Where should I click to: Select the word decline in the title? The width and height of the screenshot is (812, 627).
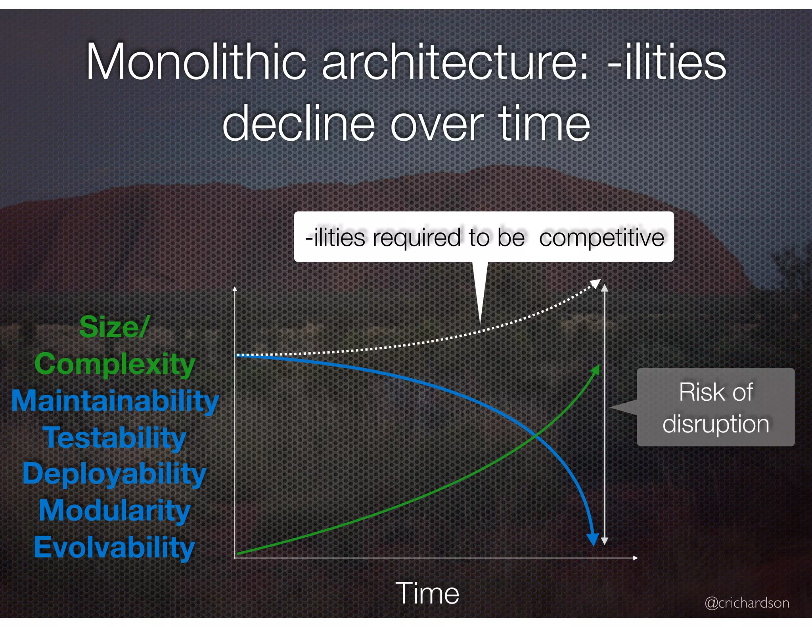[299, 124]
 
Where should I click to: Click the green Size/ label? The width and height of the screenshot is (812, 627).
[114, 327]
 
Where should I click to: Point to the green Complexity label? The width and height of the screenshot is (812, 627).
[115, 364]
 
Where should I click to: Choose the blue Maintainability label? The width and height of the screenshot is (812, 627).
[115, 401]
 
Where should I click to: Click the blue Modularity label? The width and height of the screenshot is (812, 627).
[115, 510]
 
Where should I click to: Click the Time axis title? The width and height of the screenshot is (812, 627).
[427, 593]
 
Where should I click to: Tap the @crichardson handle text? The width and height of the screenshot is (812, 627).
[747, 603]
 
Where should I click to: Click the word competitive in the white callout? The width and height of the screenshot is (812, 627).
[601, 238]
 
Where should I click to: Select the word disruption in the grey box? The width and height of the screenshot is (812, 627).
[716, 424]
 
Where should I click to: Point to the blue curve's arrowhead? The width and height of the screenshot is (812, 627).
[593, 540]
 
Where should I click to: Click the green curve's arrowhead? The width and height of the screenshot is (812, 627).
[596, 369]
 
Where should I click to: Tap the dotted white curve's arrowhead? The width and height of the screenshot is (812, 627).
[596, 283]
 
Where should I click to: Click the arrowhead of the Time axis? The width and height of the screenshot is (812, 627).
[635, 558]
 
